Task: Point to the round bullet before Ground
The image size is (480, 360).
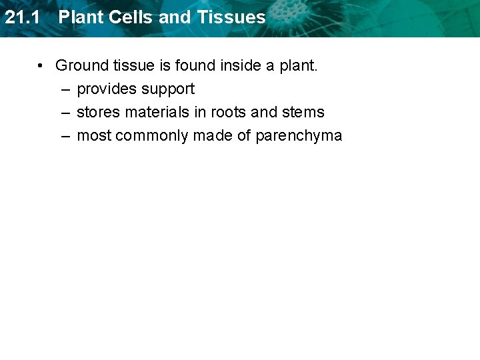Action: (x=41, y=65)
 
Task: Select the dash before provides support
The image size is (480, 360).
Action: (x=65, y=89)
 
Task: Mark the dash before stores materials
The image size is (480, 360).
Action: (x=65, y=113)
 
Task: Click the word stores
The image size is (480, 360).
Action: (x=96, y=113)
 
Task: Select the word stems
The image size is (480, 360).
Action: (x=303, y=113)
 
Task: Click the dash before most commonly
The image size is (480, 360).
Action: (x=65, y=136)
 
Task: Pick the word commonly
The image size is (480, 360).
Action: (x=152, y=136)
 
